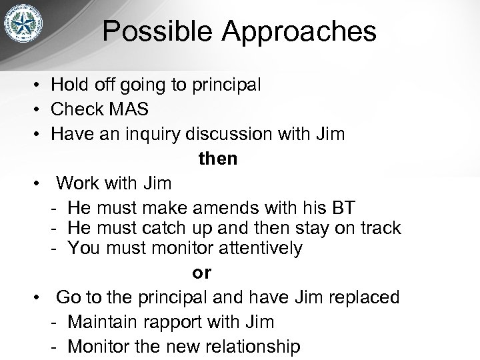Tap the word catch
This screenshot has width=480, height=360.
166,227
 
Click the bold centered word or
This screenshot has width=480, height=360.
201,273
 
